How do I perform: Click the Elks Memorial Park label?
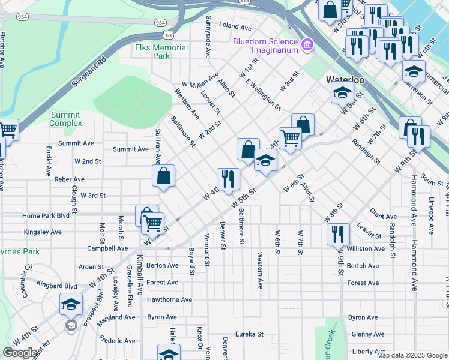(154, 52)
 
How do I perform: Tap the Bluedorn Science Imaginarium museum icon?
(307, 44)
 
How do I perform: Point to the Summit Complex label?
(66, 119)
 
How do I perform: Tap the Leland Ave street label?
(235, 27)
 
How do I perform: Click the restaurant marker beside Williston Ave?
(338, 233)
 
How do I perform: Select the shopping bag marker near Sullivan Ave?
(163, 176)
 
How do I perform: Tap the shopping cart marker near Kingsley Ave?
(152, 223)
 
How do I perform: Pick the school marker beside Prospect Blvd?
(71, 304)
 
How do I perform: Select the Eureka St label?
(249, 334)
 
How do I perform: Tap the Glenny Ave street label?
(368, 334)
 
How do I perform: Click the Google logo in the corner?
(20, 353)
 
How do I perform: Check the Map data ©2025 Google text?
(411, 355)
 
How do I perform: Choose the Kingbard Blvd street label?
(57, 286)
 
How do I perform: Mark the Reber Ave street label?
(70, 179)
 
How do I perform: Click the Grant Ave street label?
(383, 217)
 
